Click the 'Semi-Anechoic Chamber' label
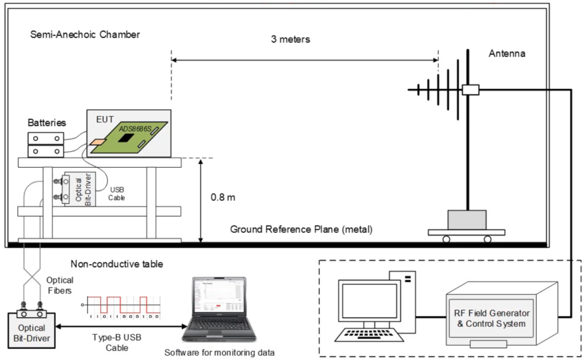coord(85,35)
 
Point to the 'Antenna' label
coord(507,54)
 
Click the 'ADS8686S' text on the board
coord(135,130)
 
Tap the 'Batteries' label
coord(47,123)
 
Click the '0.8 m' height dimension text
coord(223,197)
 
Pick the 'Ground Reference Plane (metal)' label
coord(301,229)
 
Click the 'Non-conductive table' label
coord(116,264)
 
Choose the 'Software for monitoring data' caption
coord(220,352)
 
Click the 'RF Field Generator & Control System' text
coord(491,318)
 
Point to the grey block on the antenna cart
coord(467,220)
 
